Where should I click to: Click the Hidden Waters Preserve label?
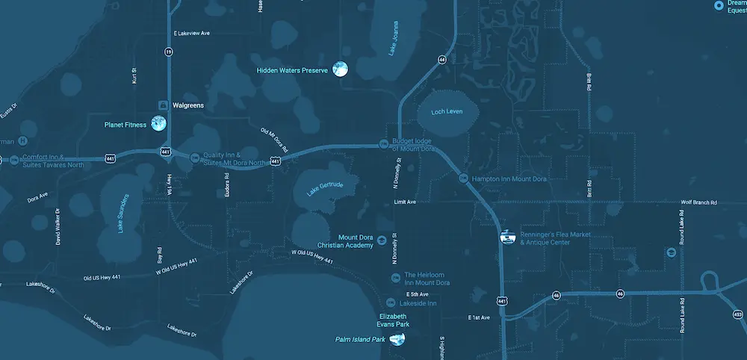292,70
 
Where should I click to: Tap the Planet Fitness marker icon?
158,124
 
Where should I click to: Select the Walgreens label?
187,105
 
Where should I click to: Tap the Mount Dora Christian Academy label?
344,241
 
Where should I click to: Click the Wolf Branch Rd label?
698,202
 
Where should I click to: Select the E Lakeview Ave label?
193,34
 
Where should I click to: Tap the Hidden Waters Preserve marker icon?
340,69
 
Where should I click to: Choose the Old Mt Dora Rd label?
274,139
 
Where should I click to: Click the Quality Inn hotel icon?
196,157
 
